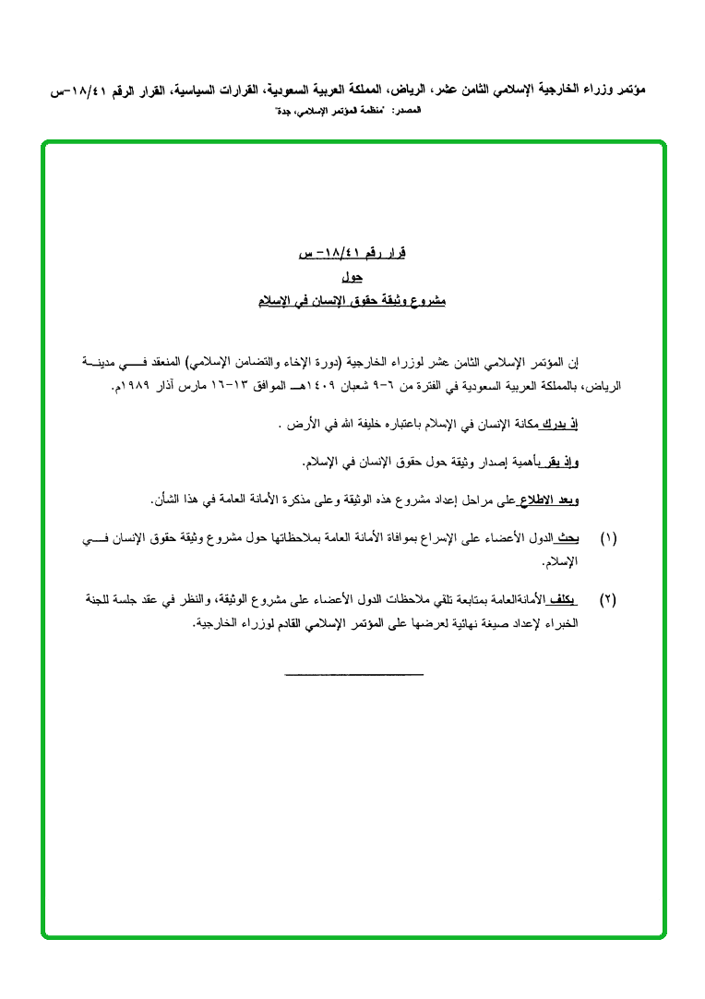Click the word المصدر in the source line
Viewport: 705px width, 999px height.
coord(407,111)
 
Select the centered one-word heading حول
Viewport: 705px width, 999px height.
coord(351,277)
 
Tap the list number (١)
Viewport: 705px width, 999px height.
coord(608,537)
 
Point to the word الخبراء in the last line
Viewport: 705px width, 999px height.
coord(559,623)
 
